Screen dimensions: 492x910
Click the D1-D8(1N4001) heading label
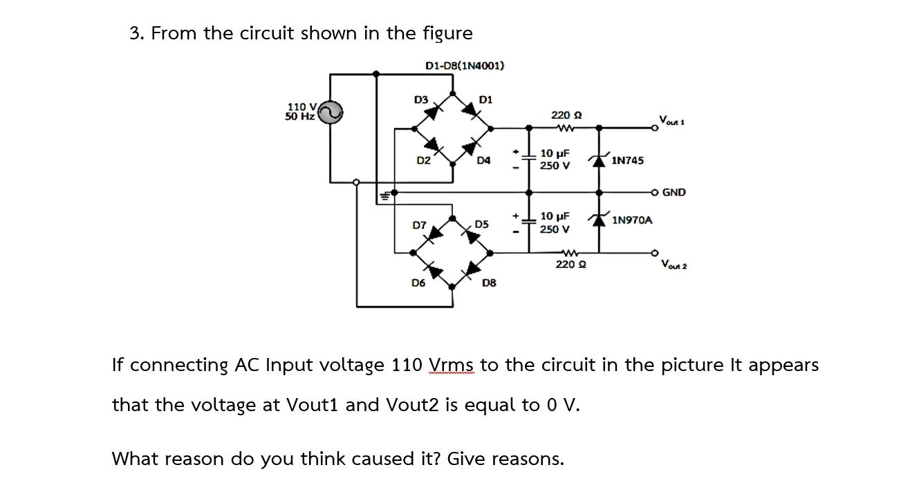[x=464, y=66]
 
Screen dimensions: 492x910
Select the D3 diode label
[x=420, y=100]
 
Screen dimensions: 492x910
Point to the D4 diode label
[x=483, y=160]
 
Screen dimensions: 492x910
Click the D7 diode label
[x=419, y=225]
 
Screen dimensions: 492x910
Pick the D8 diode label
[x=488, y=282]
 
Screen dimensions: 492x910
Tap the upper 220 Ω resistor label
[x=566, y=115]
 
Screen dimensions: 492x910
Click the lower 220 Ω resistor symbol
[x=569, y=252]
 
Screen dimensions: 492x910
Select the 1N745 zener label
[x=627, y=160]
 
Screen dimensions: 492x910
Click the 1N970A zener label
[x=631, y=220]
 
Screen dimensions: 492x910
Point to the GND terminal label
[x=674, y=192]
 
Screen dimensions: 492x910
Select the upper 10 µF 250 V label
[x=555, y=159]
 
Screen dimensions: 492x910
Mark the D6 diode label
[x=418, y=282]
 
